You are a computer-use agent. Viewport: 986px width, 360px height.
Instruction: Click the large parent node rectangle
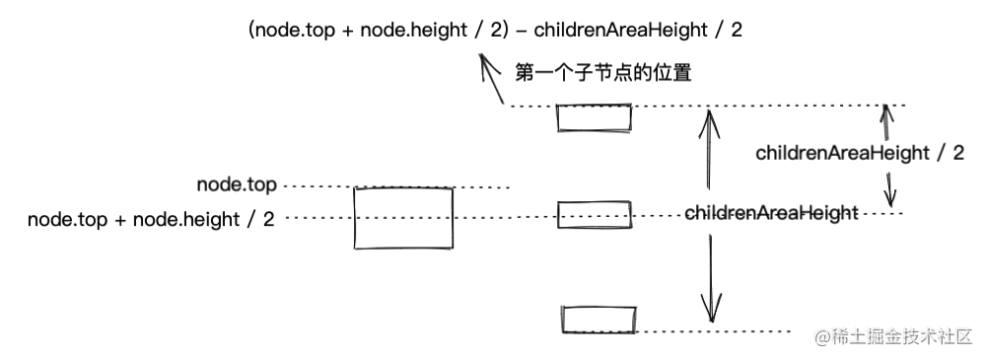404,218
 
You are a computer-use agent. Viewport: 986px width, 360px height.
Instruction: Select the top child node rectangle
595,117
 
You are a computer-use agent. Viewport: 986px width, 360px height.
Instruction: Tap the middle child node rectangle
593,214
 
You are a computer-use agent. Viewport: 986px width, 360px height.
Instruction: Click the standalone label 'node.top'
237,185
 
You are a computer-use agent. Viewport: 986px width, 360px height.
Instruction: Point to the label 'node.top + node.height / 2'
151,219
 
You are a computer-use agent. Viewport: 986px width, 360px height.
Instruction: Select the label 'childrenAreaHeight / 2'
859,153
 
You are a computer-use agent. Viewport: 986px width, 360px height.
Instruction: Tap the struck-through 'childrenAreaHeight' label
770,213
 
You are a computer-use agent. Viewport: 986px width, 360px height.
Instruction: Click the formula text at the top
495,30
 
